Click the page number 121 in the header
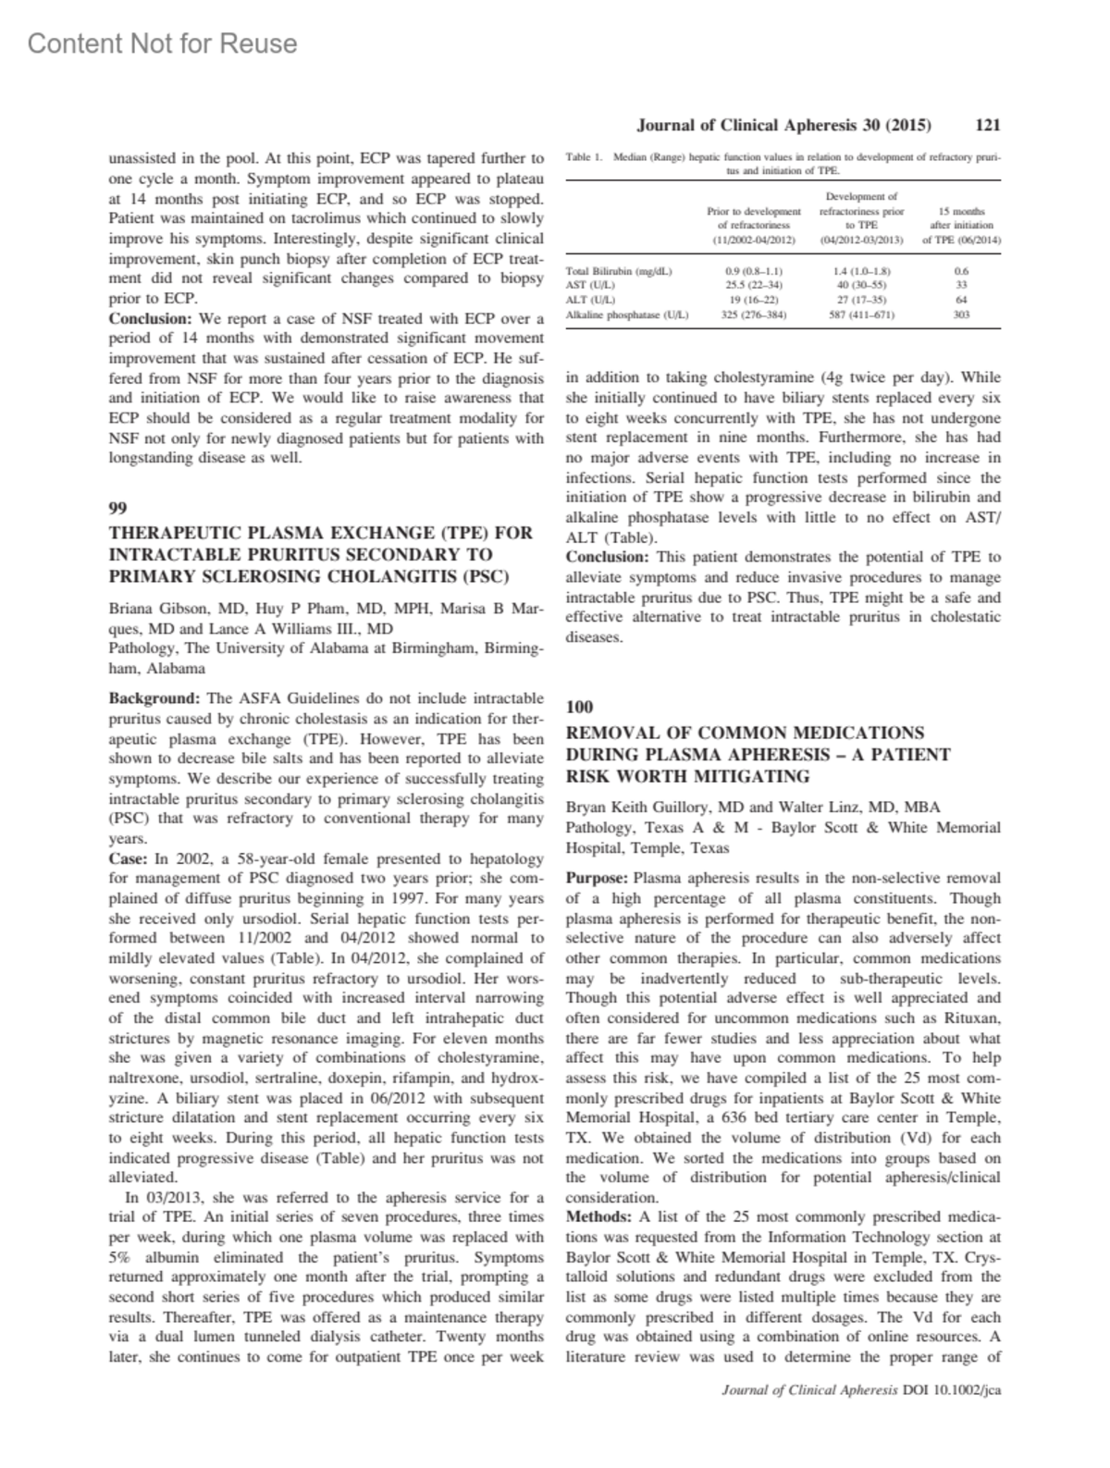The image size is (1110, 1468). pyautogui.click(x=988, y=125)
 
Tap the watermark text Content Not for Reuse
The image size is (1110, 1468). pyautogui.click(x=163, y=43)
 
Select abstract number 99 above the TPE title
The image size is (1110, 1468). pyautogui.click(x=117, y=508)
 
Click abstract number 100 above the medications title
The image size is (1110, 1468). pyautogui.click(x=579, y=708)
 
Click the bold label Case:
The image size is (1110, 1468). pyautogui.click(x=129, y=859)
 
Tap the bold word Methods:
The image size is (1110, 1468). pyautogui.click(x=599, y=1217)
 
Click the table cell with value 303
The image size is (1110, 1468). pyautogui.click(x=961, y=315)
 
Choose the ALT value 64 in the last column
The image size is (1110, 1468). pyautogui.click(x=961, y=301)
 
